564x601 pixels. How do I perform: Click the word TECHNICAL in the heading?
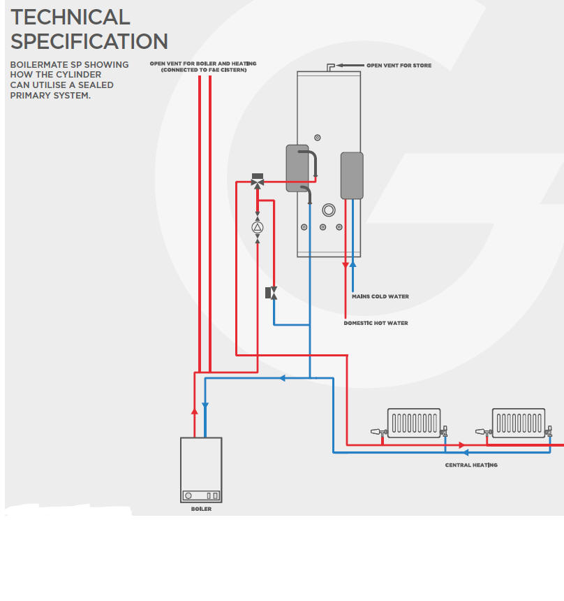click(70, 17)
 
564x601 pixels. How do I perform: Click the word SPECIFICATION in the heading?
click(89, 41)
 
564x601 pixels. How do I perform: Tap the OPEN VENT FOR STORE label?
click(399, 66)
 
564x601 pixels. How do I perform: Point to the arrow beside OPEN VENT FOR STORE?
click(350, 65)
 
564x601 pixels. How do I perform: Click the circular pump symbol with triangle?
click(258, 227)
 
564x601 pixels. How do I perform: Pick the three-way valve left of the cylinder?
click(258, 182)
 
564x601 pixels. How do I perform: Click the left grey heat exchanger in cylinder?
click(297, 168)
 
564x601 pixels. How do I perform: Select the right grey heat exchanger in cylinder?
click(351, 175)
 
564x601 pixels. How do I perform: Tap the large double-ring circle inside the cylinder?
click(328, 210)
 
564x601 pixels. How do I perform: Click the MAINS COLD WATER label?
click(380, 297)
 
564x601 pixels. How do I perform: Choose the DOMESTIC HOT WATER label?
click(376, 324)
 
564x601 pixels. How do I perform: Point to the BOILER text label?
click(201, 509)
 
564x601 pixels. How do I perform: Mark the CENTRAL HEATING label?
click(471, 465)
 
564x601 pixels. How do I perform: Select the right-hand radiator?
click(519, 423)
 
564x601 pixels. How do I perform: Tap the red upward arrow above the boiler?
click(195, 412)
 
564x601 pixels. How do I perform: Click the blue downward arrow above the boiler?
click(205, 405)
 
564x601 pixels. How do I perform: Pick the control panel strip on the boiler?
click(201, 495)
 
